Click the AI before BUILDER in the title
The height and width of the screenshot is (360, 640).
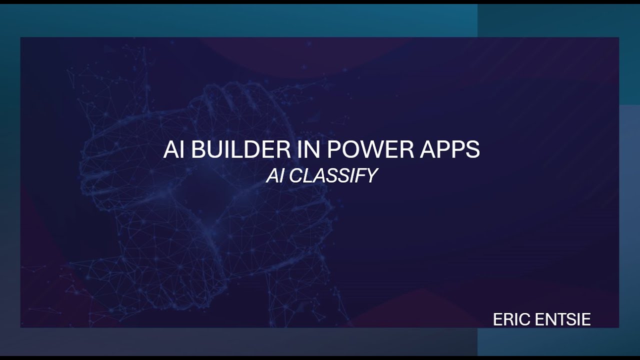(174, 150)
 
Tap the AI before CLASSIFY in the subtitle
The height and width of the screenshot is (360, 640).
(274, 175)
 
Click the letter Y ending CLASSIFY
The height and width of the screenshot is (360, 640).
(371, 175)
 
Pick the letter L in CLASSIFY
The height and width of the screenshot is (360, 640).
(306, 175)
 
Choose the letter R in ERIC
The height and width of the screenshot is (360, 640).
(508, 319)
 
